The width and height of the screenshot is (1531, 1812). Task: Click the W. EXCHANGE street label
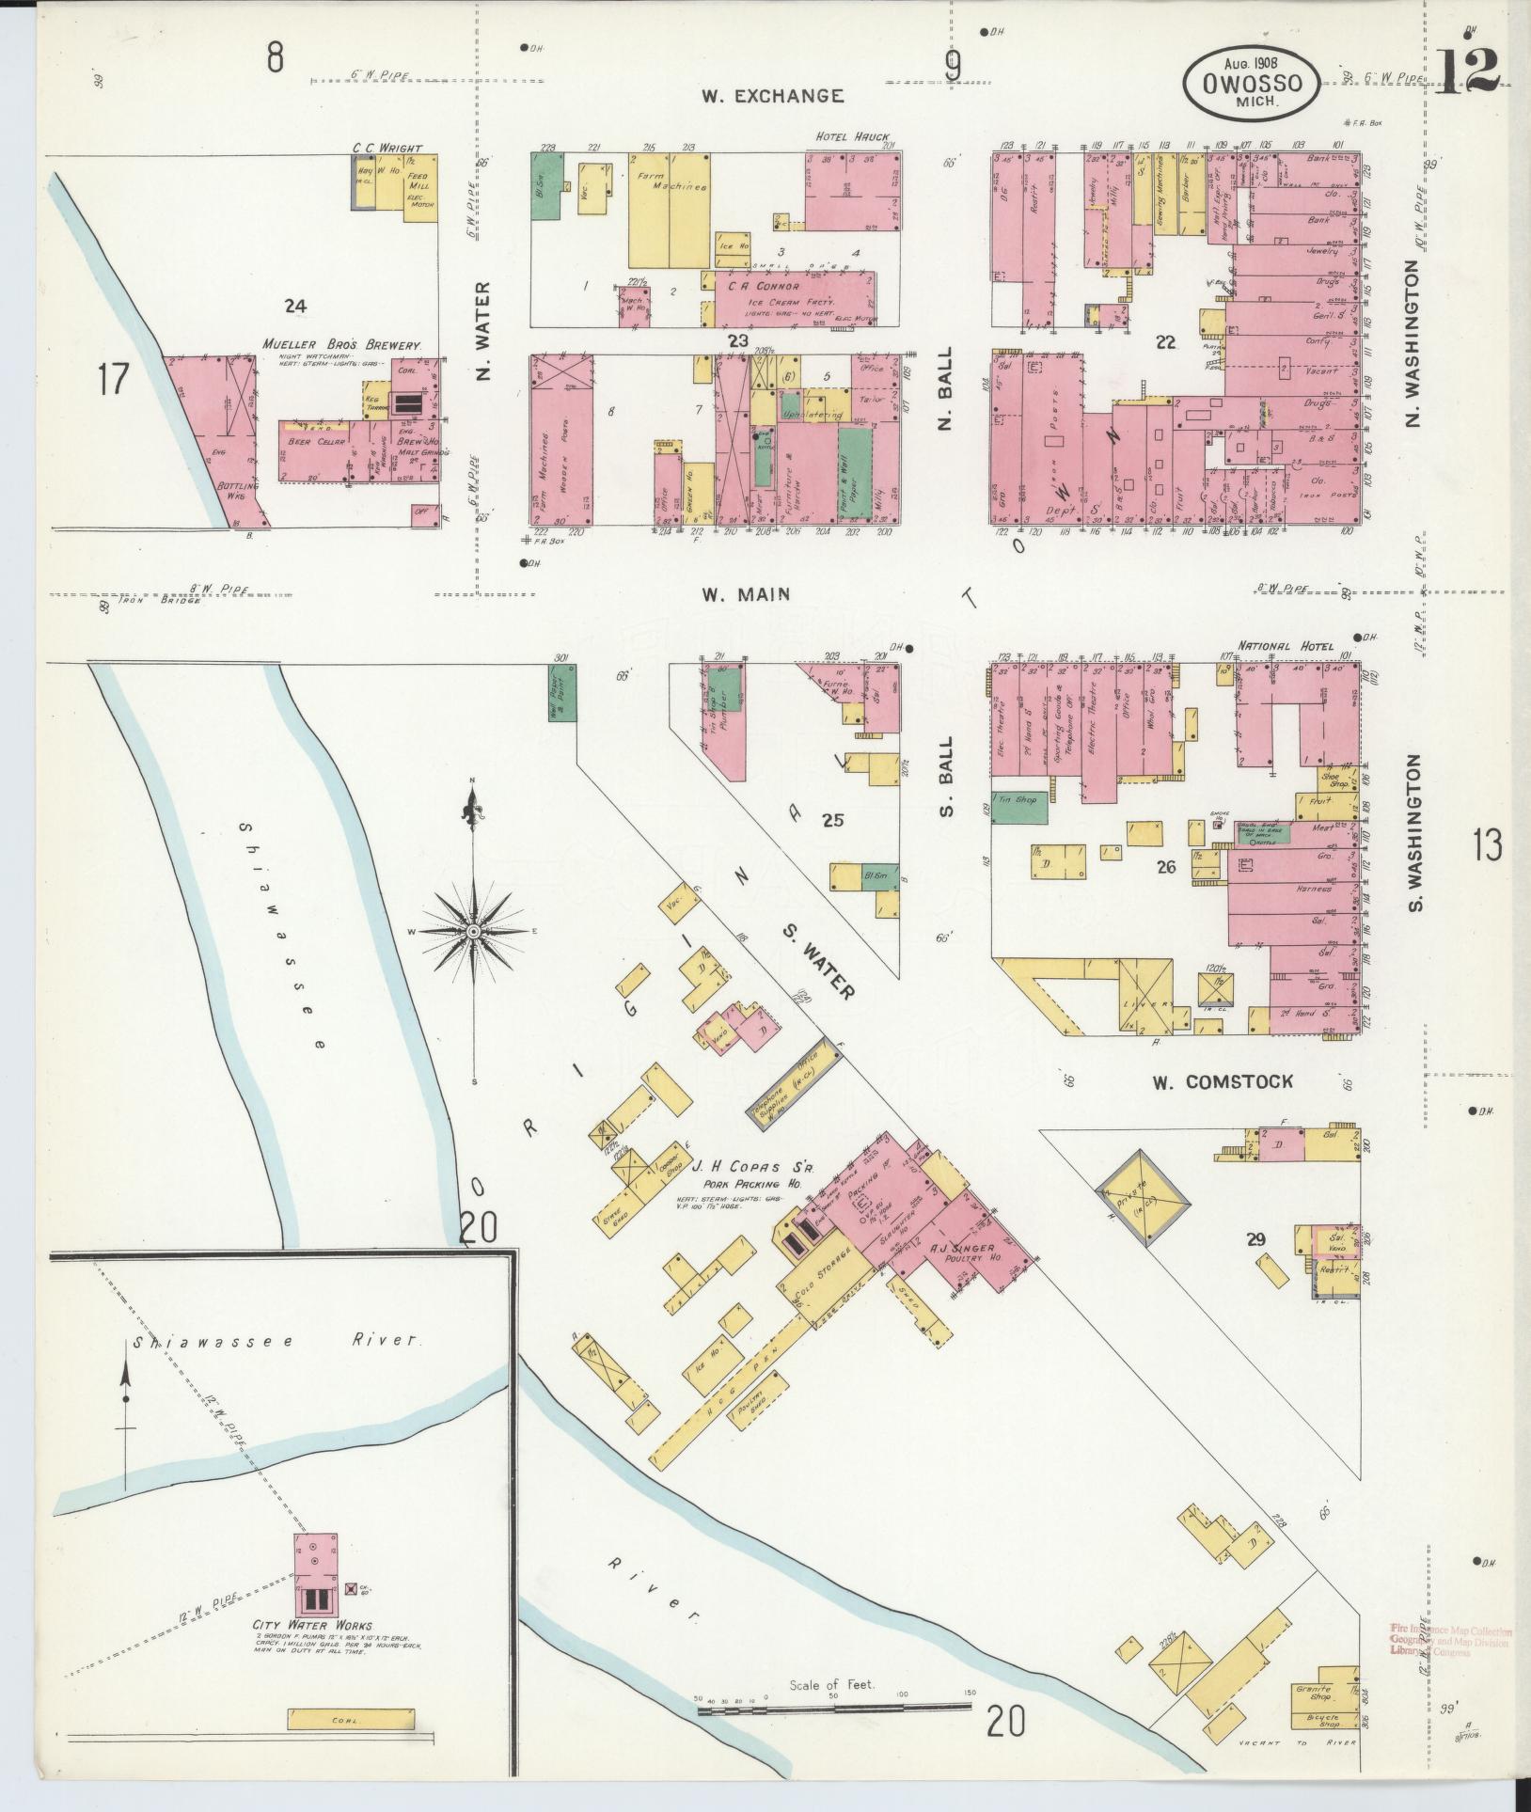(x=772, y=96)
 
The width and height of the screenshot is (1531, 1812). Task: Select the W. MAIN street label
(x=745, y=594)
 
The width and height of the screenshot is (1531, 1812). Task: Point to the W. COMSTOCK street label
(x=1223, y=1082)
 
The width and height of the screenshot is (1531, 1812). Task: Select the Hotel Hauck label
(x=852, y=137)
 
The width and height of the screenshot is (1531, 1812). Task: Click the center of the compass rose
(x=475, y=931)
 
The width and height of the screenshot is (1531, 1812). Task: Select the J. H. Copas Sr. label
(x=753, y=1168)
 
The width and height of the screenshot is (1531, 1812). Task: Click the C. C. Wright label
(x=387, y=148)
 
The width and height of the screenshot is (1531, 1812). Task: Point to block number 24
(x=296, y=305)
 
